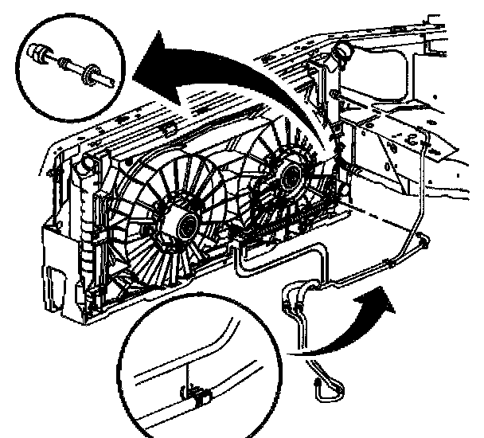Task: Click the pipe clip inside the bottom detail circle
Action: tap(195, 393)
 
